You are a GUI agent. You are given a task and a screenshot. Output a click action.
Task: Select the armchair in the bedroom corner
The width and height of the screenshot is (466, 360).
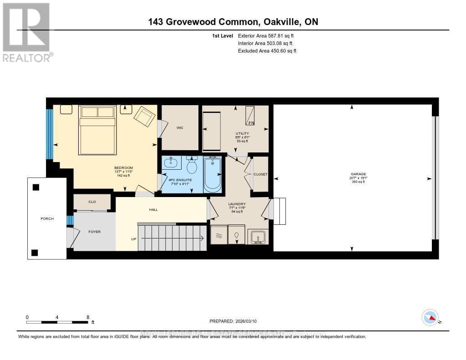click(x=145, y=117)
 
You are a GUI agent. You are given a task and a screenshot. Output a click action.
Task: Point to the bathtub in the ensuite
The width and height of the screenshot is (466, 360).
click(x=212, y=175)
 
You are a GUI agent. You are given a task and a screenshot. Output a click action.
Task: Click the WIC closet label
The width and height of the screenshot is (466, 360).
click(x=180, y=128)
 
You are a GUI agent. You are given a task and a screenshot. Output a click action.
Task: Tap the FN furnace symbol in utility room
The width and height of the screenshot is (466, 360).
click(x=251, y=116)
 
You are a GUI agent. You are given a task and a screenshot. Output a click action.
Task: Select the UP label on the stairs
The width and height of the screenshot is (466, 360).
click(x=133, y=238)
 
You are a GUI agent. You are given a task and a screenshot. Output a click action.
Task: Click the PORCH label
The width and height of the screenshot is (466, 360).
click(x=47, y=218)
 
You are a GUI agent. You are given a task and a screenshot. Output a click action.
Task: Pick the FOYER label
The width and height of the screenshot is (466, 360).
click(x=94, y=232)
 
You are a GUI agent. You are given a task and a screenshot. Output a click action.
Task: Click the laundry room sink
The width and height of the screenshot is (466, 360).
click(x=258, y=236)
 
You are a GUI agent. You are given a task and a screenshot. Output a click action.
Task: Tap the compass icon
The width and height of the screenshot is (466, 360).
click(x=430, y=317)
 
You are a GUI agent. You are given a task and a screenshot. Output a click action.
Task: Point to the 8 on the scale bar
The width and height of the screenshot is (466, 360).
click(x=87, y=317)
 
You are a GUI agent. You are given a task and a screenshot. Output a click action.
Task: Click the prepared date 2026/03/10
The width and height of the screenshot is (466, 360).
click(x=233, y=321)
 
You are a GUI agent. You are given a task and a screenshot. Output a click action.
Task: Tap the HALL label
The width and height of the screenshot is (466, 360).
click(x=152, y=210)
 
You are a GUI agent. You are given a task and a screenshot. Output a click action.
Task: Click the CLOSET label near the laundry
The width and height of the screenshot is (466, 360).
click(x=261, y=174)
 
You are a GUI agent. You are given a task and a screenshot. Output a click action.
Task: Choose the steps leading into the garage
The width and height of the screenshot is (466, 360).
click(x=278, y=211)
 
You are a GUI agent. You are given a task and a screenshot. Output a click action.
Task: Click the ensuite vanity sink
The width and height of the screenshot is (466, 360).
click(x=172, y=163)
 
